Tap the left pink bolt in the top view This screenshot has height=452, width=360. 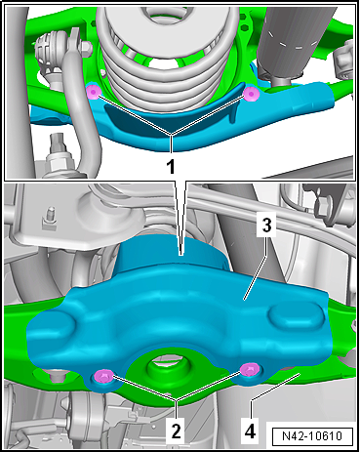click(x=94, y=92)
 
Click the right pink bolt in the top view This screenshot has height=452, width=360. click(x=251, y=95)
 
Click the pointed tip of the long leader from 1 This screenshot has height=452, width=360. click(x=181, y=251)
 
